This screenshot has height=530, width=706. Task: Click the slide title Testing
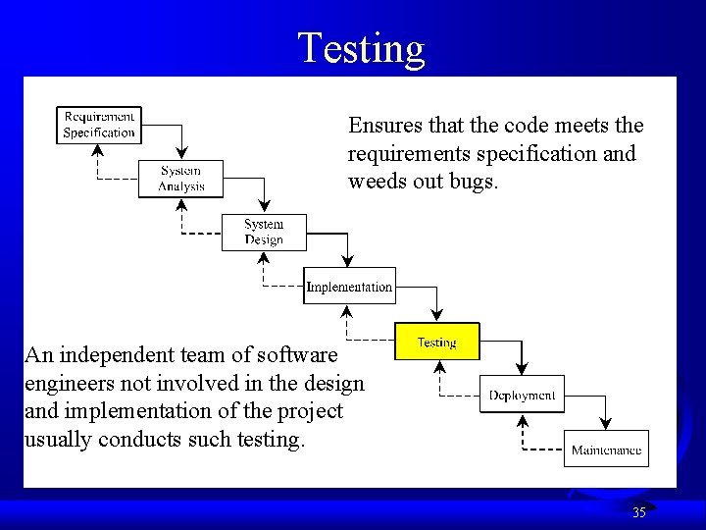tap(361, 47)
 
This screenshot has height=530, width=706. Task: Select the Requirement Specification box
tap(99, 125)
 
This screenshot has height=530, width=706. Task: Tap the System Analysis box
tap(181, 178)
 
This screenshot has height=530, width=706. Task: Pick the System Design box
tap(264, 232)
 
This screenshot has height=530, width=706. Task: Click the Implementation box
tap(349, 287)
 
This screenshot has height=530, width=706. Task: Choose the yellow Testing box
tap(436, 342)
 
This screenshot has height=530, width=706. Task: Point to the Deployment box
tap(522, 395)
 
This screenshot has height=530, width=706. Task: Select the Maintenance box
tap(606, 450)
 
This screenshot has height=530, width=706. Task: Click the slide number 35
tap(639, 512)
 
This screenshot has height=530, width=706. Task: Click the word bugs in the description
tap(477, 182)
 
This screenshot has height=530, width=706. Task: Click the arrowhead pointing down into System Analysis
tap(181, 152)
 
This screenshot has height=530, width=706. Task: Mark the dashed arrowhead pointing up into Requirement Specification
tap(98, 150)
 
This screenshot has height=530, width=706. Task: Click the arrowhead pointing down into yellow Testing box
tap(436, 314)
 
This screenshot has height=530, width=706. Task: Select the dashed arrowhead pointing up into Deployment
tap(522, 422)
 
